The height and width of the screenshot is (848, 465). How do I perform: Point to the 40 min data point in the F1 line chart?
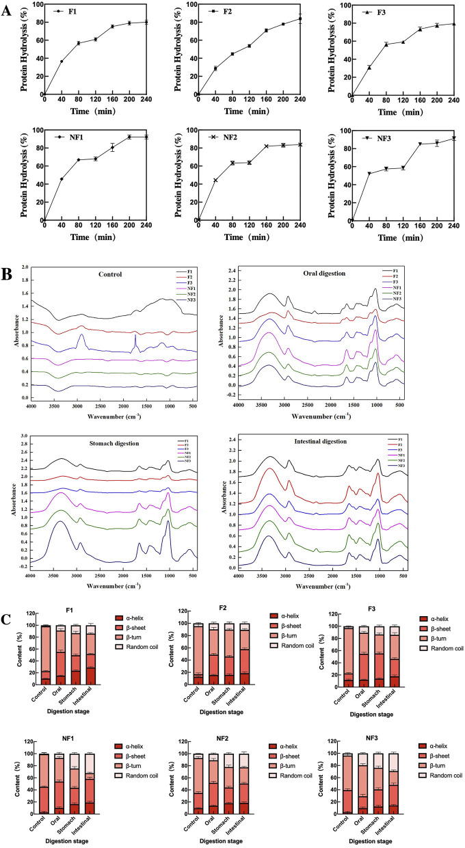(62, 62)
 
